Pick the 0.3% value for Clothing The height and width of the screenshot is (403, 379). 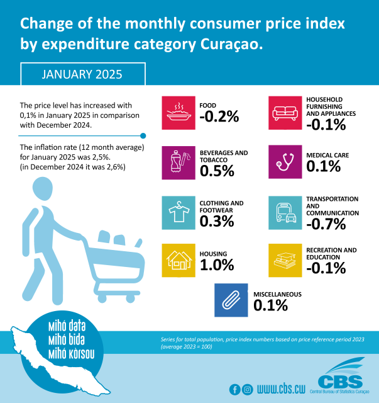[x=217, y=222]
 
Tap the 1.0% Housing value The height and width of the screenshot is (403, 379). [x=217, y=265]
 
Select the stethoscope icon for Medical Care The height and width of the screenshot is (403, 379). [x=287, y=162]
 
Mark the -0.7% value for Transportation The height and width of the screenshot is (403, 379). [x=327, y=225]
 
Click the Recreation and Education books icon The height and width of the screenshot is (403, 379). [x=287, y=261]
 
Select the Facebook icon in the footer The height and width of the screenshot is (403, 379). [x=235, y=389]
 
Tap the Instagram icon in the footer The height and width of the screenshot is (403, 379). [x=248, y=389]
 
